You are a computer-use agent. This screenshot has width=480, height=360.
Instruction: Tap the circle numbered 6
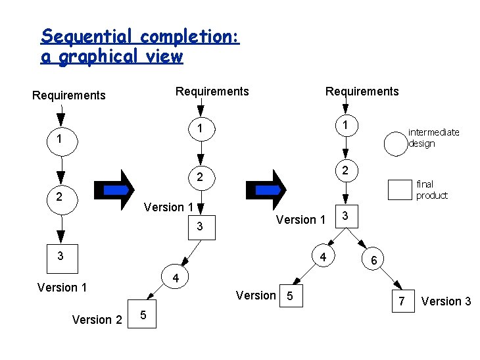(x=373, y=261)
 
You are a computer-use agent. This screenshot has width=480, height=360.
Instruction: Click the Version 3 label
(x=446, y=301)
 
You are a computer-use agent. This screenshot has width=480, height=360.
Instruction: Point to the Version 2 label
(x=97, y=320)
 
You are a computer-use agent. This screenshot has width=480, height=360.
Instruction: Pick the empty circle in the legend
(x=396, y=143)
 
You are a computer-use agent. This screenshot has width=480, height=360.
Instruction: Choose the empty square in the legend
(x=399, y=190)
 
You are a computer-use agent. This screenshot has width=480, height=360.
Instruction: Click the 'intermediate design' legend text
(x=433, y=138)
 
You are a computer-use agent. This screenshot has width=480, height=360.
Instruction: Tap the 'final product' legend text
(x=431, y=190)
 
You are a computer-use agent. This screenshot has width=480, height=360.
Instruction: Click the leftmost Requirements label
(x=69, y=95)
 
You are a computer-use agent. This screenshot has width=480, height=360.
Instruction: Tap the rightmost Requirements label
(x=362, y=91)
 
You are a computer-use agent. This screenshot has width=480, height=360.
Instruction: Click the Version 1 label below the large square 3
(x=62, y=288)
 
